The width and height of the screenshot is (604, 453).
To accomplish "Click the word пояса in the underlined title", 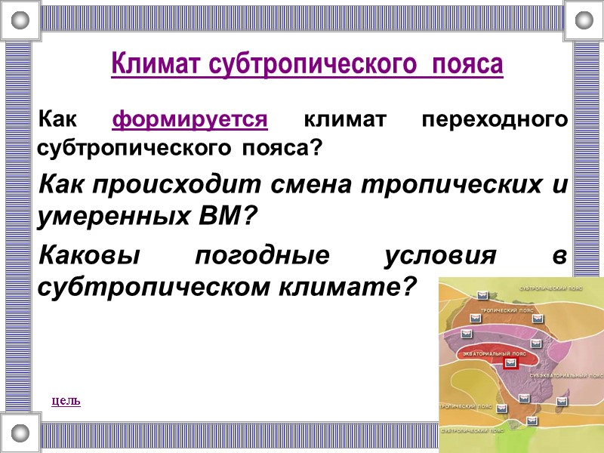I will click(x=470, y=64).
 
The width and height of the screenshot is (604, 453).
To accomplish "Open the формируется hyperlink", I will click(x=190, y=120).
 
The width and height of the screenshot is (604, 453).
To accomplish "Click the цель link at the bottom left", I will click(x=66, y=400).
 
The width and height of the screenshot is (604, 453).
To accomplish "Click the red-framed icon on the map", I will click(x=512, y=362).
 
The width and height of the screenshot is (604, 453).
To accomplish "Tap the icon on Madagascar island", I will click(x=562, y=402).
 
